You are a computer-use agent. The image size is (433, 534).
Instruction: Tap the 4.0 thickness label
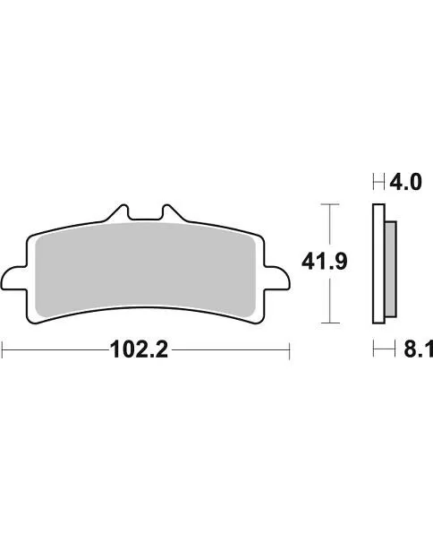[x=403, y=184]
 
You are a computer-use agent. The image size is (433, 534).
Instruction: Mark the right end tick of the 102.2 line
[x=290, y=350]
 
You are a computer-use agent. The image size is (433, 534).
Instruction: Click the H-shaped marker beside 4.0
[x=378, y=184]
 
